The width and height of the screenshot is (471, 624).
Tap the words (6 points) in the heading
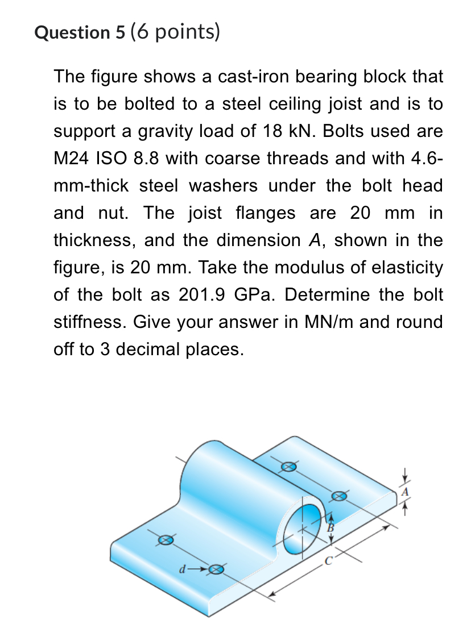point(175,32)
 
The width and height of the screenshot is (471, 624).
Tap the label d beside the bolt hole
point(182,568)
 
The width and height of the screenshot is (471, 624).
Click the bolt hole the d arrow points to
point(216,569)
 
